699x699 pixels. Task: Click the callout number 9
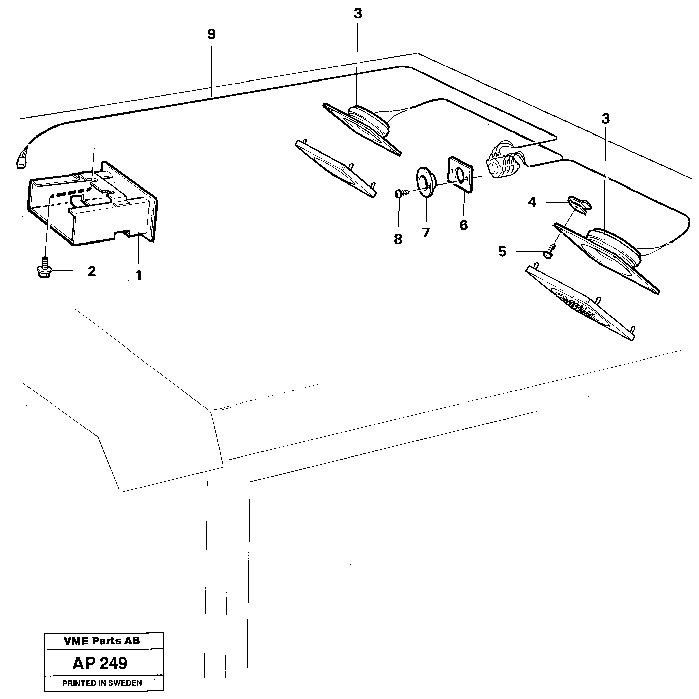tap(211, 35)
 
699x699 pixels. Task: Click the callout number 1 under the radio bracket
tap(138, 276)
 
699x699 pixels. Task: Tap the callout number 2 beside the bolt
tap(92, 271)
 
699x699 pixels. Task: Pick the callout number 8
tap(398, 239)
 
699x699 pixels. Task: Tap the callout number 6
tap(463, 225)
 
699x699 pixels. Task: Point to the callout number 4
tap(532, 202)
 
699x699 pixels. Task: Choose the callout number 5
tap(502, 251)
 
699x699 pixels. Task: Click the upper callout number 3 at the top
tap(357, 14)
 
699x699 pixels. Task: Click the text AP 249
tap(100, 663)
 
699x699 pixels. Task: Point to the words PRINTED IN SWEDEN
tap(102, 683)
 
